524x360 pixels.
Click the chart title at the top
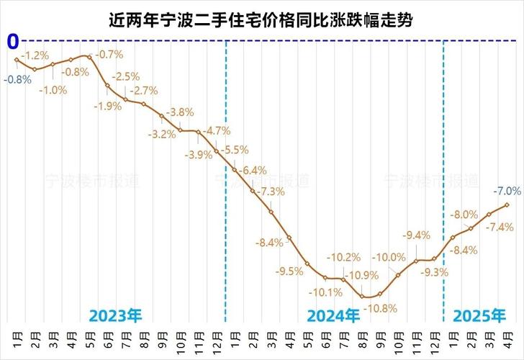click(262, 19)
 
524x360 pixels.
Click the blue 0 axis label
click(12, 40)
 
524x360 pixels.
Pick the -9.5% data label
click(289, 271)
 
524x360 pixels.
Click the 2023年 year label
click(116, 315)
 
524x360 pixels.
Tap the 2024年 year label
click(333, 315)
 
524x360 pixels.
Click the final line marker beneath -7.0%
click(507, 204)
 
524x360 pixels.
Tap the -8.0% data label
click(464, 215)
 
